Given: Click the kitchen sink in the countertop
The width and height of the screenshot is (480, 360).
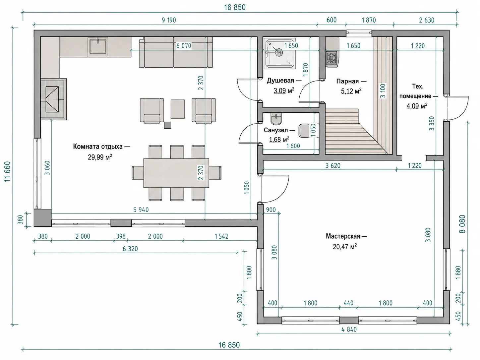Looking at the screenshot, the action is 98,46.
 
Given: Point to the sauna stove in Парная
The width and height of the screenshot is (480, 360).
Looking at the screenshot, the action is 331,58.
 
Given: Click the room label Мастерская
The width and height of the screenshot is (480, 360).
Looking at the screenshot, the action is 343,236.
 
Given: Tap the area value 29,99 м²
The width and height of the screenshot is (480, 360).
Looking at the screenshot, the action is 100,157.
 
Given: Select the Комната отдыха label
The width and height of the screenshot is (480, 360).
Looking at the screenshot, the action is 98,147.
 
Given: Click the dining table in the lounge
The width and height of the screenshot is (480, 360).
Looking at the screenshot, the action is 176,173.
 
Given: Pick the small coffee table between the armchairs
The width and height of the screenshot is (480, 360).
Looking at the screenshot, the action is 178,109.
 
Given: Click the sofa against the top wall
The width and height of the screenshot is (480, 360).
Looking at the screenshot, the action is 176,52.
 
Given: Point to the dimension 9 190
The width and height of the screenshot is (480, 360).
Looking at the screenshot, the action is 169,20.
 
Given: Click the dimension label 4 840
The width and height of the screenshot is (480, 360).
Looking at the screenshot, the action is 349,330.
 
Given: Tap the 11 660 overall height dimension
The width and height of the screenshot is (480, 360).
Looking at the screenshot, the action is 7,172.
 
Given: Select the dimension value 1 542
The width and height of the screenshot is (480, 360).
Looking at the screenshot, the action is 221,236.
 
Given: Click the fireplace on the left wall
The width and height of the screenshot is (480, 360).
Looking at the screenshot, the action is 54,99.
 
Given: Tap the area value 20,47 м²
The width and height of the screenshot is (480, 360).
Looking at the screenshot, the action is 345,247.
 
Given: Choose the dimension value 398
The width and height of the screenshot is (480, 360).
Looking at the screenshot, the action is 121,236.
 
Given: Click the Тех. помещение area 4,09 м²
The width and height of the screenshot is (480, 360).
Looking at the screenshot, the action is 417,106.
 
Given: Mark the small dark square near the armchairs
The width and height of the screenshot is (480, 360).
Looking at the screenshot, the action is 167,125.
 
